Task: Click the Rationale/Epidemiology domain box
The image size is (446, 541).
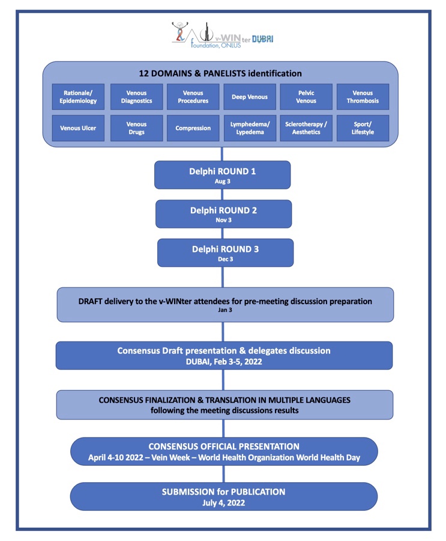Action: coord(78,97)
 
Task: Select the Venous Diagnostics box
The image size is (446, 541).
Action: coord(136,97)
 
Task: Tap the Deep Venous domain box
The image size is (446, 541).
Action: coord(250,97)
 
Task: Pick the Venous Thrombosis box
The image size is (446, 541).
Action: coord(363,97)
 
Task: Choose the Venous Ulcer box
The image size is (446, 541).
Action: coord(78,128)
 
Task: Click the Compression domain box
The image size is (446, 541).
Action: coord(193,128)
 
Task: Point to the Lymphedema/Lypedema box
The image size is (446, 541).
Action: coord(250,128)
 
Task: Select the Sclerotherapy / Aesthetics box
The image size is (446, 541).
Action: coord(306,128)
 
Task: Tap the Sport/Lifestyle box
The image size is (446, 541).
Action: coord(363,128)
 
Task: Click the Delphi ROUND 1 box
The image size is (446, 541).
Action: coord(222,175)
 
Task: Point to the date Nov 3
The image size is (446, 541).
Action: coord(224,220)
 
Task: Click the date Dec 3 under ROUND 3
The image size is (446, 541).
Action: coord(226,259)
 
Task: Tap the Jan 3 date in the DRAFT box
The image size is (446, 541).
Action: coord(225,310)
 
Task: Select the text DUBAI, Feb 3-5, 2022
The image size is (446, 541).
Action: coord(224,362)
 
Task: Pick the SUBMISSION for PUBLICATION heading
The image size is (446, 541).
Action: coord(224,492)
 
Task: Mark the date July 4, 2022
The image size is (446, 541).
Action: coord(224,503)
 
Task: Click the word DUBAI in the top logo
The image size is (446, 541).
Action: coord(263,39)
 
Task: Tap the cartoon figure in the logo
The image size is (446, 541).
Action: coord(180,31)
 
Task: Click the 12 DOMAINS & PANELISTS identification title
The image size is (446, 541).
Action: coord(220,73)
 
